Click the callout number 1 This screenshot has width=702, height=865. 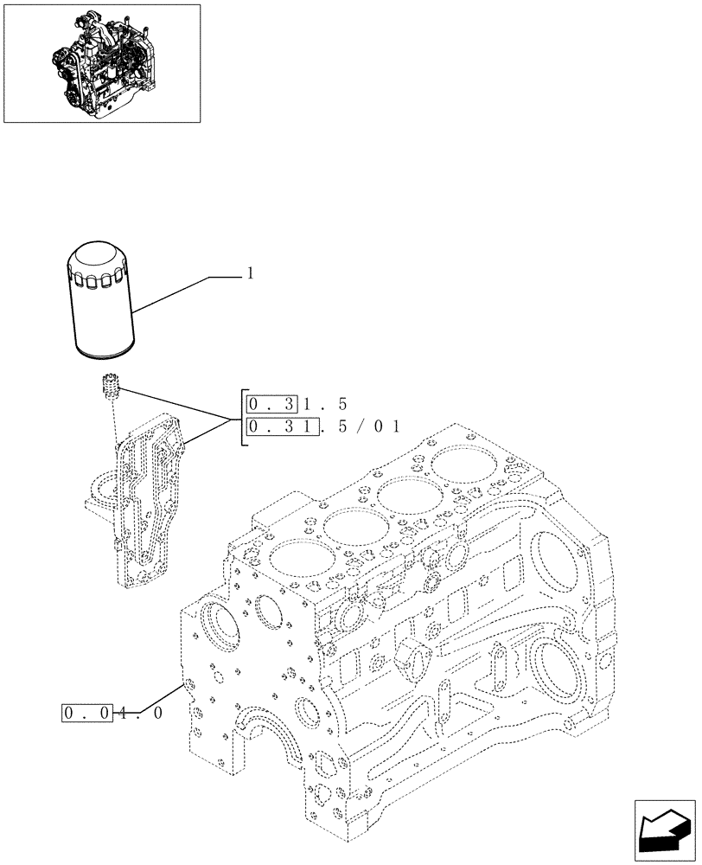pos(251,273)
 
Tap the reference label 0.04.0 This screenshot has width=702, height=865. pos(112,714)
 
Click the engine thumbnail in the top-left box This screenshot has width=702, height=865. pos(102,62)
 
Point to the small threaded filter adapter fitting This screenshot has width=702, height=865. pos(109,385)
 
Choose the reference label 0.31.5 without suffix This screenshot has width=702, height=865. pos(297,403)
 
